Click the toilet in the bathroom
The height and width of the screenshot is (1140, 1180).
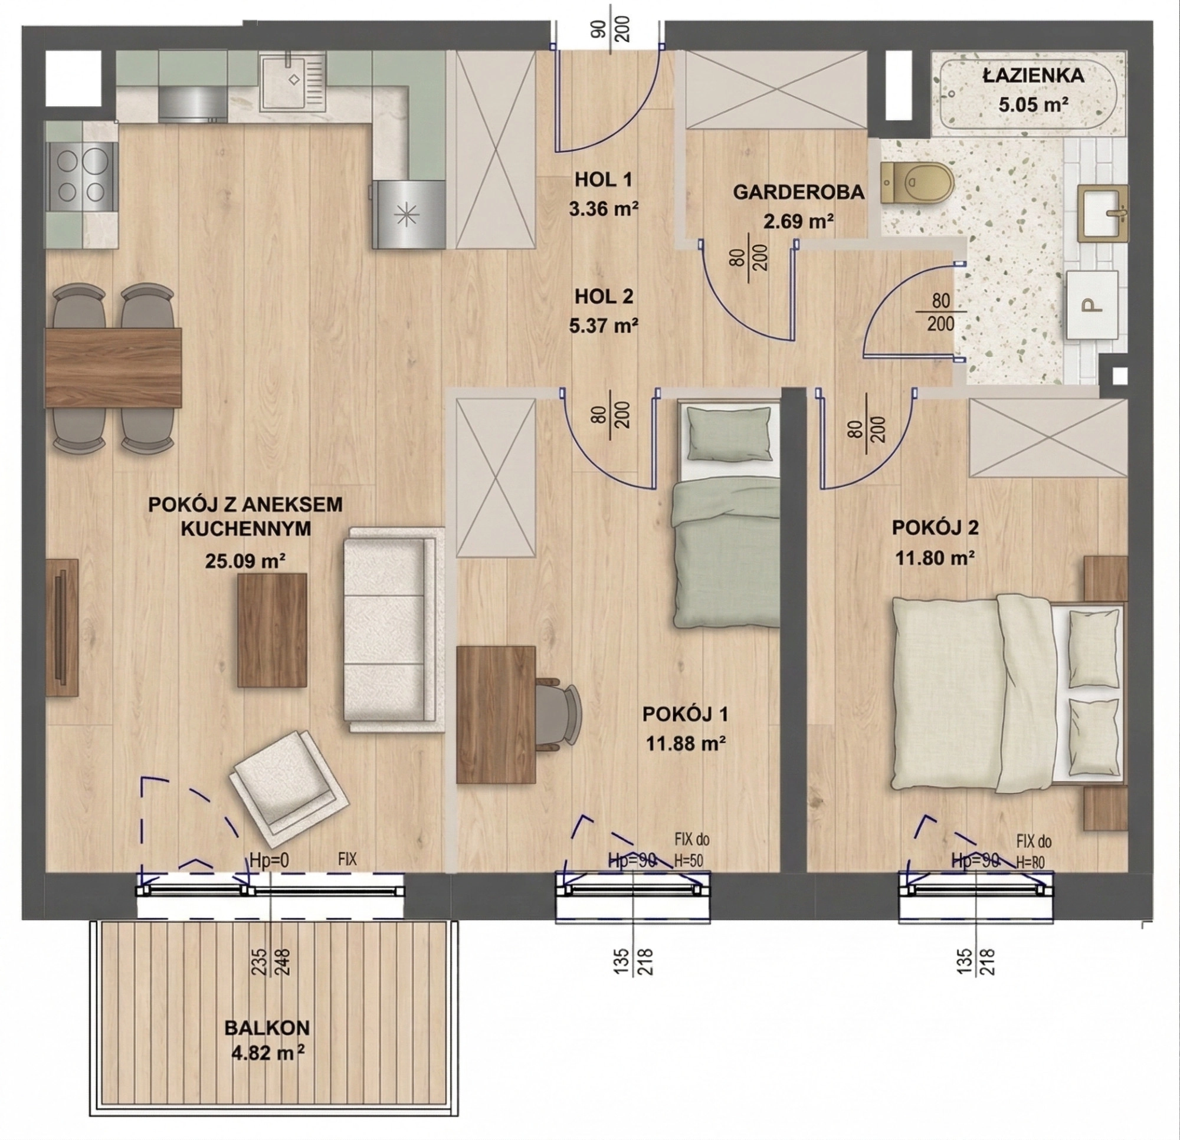click(x=917, y=182)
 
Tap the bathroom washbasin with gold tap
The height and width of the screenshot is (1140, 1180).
click(x=1106, y=213)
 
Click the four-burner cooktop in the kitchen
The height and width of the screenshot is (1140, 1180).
click(x=80, y=175)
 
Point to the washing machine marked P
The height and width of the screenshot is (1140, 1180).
click(x=1092, y=304)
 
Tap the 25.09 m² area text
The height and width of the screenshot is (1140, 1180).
click(x=245, y=561)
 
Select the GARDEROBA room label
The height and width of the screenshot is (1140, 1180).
click(x=798, y=192)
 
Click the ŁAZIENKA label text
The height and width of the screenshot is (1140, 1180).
click(x=1034, y=75)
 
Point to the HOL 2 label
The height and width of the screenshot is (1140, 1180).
click(x=604, y=296)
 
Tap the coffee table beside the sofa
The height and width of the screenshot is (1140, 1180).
click(x=272, y=630)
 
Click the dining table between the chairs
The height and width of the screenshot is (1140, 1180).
click(x=113, y=367)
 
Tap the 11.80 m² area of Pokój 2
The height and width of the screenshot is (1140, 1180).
click(x=935, y=558)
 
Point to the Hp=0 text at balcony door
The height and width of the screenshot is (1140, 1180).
click(x=269, y=860)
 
